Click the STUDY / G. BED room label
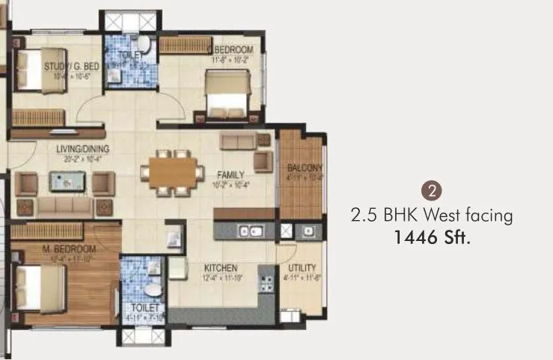(67, 67)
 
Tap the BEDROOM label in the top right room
(231, 50)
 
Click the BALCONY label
(305, 168)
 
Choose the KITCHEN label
(221, 268)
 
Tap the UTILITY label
(302, 268)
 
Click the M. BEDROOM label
(70, 249)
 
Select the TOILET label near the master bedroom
(144, 308)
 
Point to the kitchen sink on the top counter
(250, 232)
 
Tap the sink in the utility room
(308, 232)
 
